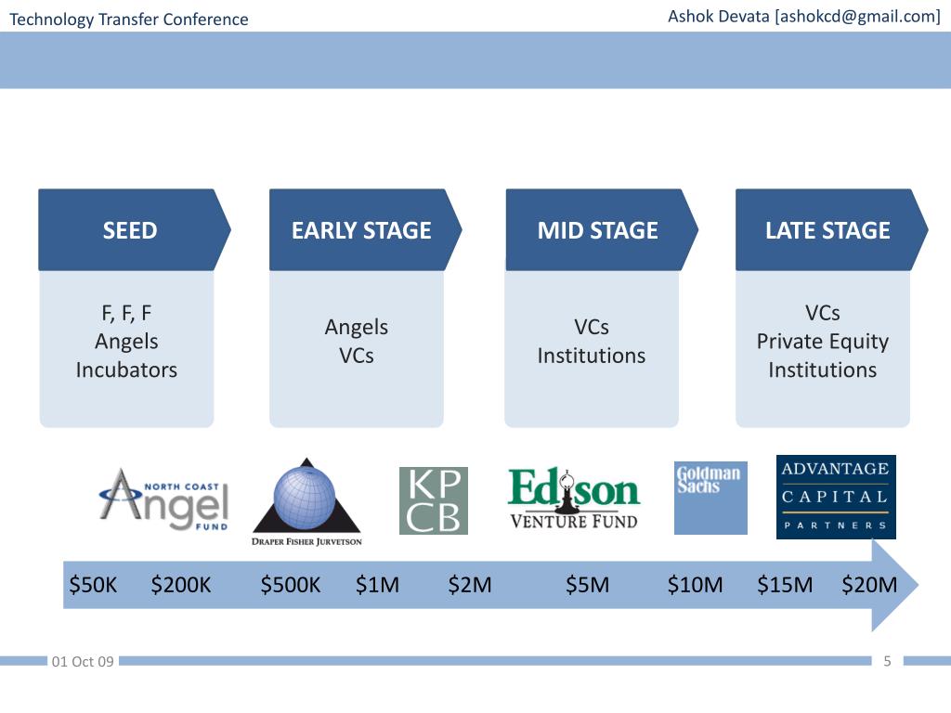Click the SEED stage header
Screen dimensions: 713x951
point(130,230)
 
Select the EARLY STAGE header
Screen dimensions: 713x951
point(361,230)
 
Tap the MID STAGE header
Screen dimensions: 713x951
point(597,230)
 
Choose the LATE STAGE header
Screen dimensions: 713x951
point(827,230)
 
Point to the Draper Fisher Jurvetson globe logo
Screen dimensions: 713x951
point(306,502)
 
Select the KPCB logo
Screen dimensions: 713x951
point(434,500)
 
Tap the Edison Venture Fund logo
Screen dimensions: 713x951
point(574,499)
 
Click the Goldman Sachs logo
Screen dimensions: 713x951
point(710,499)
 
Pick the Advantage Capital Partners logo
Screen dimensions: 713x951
point(836,497)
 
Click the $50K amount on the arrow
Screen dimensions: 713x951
point(94,585)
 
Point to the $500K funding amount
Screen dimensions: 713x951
point(291,585)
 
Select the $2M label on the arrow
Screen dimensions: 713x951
point(470,585)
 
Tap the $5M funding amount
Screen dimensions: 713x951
point(588,585)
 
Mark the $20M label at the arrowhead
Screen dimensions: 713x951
point(869,585)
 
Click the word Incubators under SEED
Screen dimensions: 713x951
point(126,369)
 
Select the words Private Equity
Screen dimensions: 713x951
point(822,342)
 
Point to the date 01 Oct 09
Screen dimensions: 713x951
point(84,662)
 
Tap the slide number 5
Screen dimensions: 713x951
point(887,661)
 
